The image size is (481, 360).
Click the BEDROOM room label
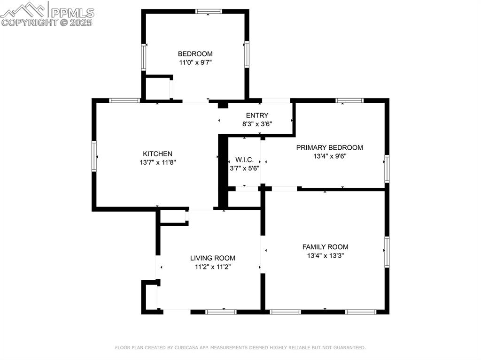pyautogui.click(x=195, y=54)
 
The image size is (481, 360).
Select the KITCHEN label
pyautogui.click(x=157, y=154)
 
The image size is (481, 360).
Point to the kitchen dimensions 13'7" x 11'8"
pyautogui.click(x=157, y=162)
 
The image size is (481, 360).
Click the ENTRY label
pyautogui.click(x=257, y=115)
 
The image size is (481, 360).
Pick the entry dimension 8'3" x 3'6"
pyautogui.click(x=257, y=124)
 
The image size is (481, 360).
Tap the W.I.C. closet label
pyautogui.click(x=244, y=160)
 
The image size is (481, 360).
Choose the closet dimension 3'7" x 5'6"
pyautogui.click(x=244, y=168)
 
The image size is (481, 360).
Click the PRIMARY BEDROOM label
pyautogui.click(x=329, y=147)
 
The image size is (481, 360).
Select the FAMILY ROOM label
pyautogui.click(x=325, y=247)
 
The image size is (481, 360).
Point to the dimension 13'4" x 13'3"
pyautogui.click(x=325, y=255)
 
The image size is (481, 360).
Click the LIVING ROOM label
pyautogui.click(x=212, y=258)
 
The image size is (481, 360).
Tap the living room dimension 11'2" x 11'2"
pyautogui.click(x=212, y=267)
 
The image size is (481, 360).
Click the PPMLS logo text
pyautogui.click(x=71, y=12)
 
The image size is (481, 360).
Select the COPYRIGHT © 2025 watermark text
pyautogui.click(x=47, y=22)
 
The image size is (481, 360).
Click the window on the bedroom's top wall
pyautogui.click(x=209, y=11)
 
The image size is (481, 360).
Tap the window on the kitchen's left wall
pyautogui.click(x=94, y=156)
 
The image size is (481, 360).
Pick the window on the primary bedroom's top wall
pyautogui.click(x=349, y=100)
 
